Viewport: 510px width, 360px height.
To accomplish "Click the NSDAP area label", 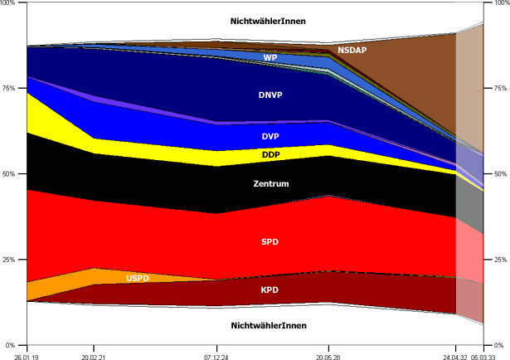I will coord(353,51).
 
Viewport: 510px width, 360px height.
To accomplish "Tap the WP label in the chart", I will coord(270,58).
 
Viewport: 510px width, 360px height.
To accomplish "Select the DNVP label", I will coord(270,95).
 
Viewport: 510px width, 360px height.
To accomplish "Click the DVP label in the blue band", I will coord(270,136).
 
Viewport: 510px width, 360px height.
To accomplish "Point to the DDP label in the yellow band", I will coord(270,155).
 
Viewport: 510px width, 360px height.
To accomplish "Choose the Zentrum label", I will coord(270,183).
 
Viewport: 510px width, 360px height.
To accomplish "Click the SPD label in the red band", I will coord(270,241).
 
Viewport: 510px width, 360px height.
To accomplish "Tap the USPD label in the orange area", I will coord(138,279).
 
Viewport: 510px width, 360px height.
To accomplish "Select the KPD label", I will coord(270,290).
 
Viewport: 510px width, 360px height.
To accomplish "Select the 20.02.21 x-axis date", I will coord(93,355).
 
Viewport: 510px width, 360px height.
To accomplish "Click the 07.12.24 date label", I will coord(216,355).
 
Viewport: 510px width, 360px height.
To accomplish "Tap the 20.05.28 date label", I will coord(329,355).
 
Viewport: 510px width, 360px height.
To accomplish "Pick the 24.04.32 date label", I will coord(454,355).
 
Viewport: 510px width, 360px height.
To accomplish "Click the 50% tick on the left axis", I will coord(10,174).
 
